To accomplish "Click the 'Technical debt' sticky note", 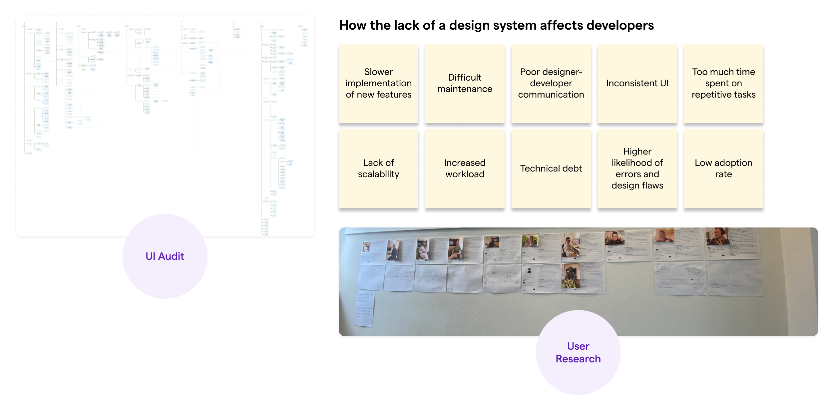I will point(551,169).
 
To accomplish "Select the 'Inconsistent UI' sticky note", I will point(637,83).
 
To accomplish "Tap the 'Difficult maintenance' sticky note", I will point(465,83).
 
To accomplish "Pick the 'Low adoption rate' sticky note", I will point(723,169).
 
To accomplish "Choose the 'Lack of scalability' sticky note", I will point(378,169).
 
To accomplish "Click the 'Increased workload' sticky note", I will point(465,169).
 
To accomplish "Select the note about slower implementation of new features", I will point(378,83).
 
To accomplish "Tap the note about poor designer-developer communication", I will point(551,83).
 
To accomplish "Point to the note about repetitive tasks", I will point(723,83).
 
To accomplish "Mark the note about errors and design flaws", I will point(637,169).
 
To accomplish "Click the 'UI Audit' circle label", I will point(165,256).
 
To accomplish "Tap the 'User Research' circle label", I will point(578,352).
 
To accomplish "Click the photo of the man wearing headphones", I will point(718,236).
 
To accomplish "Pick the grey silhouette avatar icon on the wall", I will point(529,271).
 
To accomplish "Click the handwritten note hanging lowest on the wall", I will point(365,308).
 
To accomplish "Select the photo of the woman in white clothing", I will point(423,250).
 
